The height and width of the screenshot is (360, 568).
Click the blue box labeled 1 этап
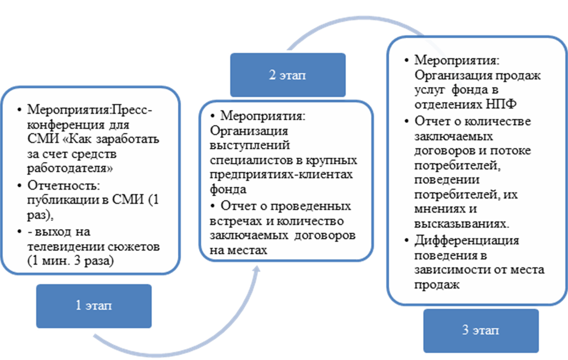click(x=94, y=306)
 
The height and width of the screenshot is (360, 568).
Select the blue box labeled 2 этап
click(x=287, y=75)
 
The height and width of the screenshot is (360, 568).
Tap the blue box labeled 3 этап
click(x=481, y=330)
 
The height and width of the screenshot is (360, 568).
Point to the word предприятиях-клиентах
click(x=282, y=175)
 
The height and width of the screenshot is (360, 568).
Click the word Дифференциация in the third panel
click(x=467, y=240)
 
